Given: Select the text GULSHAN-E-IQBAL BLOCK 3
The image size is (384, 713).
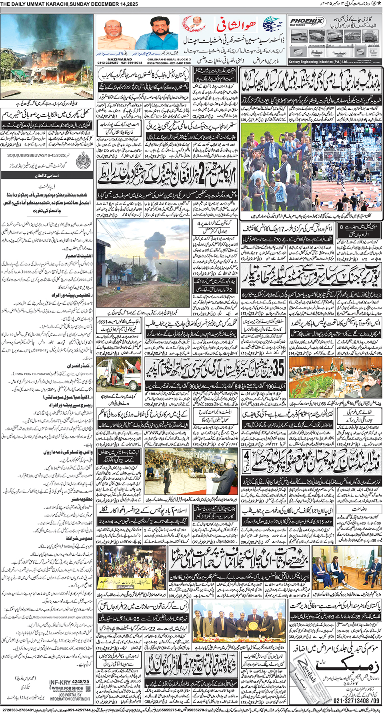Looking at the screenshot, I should (x=168, y=59).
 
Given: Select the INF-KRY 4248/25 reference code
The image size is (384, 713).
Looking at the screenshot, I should (x=69, y=681).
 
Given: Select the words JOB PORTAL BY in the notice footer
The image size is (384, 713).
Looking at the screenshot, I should (x=70, y=695).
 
